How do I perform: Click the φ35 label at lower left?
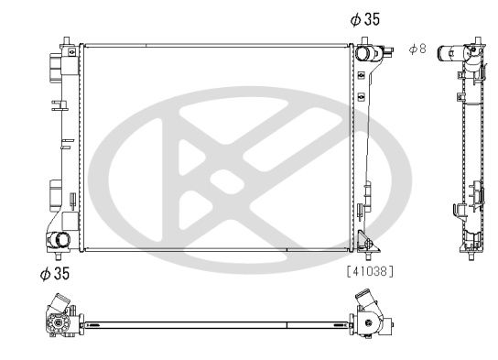[54, 272]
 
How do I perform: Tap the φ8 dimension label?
[417, 49]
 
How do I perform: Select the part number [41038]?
[369, 270]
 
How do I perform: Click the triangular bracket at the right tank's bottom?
[367, 243]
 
